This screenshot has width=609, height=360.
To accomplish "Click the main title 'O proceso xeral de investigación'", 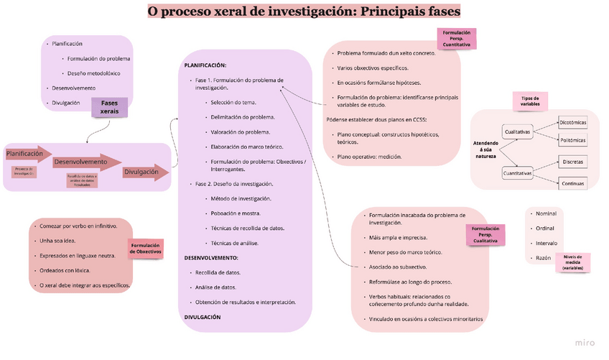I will click(304, 11).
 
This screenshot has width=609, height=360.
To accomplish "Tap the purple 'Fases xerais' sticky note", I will click(109, 106).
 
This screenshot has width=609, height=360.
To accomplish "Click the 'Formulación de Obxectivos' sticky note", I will click(146, 249).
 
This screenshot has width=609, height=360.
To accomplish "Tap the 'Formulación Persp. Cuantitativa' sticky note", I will click(456, 39).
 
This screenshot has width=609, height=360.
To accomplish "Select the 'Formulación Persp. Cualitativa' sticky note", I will click(485, 234).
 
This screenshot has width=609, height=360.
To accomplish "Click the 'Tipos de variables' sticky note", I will click(530, 101).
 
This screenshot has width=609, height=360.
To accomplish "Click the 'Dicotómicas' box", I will click(572, 122).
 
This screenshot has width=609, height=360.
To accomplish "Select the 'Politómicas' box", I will click(572, 140).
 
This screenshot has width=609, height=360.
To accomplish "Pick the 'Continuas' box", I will click(572, 183).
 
